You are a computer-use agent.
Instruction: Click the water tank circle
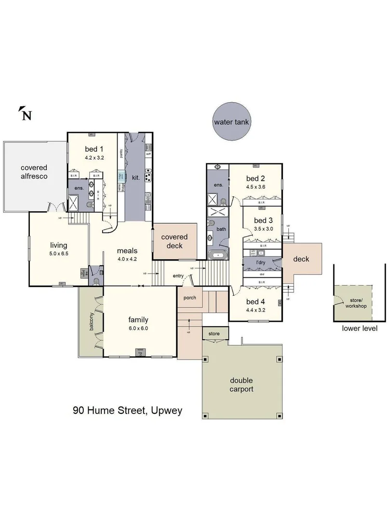pos(231,122)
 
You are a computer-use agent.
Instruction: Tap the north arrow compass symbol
pos(26,114)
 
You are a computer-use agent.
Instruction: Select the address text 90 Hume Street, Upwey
pos(128,411)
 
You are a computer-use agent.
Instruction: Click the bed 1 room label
pos(94,149)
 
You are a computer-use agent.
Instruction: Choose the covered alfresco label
pos(34,172)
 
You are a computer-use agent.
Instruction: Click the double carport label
pos(241,384)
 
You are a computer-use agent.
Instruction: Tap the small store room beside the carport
pos(214,333)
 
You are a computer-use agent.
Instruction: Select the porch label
pos(189,298)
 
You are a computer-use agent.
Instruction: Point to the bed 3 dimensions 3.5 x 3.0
pos(263,229)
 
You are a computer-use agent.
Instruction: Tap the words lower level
pos(359,329)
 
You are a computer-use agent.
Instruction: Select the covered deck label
pos(174,241)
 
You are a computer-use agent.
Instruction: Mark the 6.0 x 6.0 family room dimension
pos(138,328)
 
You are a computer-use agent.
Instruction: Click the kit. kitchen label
pos(136,178)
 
